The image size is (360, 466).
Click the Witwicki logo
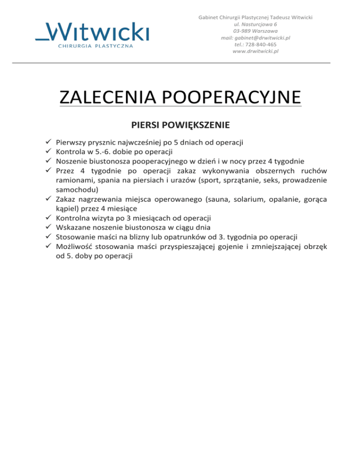92,34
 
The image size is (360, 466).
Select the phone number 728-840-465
262,44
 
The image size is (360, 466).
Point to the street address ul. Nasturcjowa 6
255,24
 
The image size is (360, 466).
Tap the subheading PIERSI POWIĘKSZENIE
180,125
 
